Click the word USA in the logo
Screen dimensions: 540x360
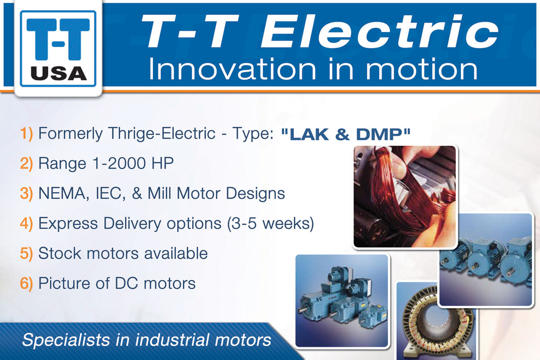(59, 73)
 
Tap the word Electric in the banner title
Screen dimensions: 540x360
(380, 31)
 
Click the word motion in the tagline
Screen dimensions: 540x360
(422, 69)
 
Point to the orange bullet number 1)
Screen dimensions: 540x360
(27, 133)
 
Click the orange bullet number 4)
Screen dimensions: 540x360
(27, 223)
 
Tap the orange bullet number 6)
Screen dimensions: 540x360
(27, 283)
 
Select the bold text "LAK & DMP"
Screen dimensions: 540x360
(346, 134)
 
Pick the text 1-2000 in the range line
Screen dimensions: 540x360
(119, 163)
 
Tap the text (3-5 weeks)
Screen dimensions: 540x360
(270, 223)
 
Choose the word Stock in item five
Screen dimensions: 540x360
(60, 253)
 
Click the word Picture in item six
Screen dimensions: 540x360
(64, 283)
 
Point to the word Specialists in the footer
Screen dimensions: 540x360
(66, 340)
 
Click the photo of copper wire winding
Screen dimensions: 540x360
(405, 197)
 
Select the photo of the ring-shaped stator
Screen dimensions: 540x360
(436, 321)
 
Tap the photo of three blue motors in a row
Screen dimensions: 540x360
(486, 260)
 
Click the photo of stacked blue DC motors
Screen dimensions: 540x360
(342, 301)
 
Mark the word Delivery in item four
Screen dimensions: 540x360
(132, 224)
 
